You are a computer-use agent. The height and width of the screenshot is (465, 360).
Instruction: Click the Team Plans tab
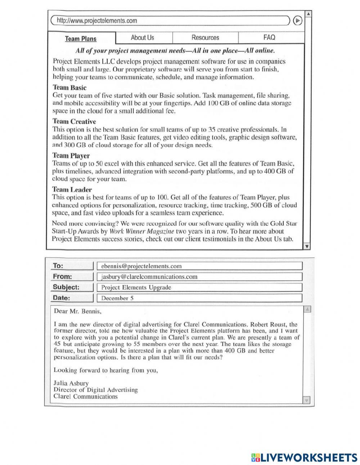point(81,39)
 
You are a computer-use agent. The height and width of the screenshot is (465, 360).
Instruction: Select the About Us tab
point(142,37)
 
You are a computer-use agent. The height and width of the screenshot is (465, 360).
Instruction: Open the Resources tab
point(205,37)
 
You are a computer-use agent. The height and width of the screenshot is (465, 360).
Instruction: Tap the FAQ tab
point(269,37)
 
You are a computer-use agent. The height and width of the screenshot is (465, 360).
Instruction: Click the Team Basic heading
point(69,88)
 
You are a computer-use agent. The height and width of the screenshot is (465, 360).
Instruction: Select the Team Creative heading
point(74,121)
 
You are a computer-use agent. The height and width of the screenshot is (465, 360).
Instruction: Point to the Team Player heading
point(71,156)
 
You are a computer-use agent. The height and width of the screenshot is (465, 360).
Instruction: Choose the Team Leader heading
point(72,189)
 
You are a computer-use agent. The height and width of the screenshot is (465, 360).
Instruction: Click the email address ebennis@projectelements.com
point(141,266)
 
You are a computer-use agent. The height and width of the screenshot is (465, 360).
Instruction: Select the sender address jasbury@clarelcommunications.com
point(149,277)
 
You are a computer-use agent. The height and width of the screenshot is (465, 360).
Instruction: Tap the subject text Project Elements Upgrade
point(136,287)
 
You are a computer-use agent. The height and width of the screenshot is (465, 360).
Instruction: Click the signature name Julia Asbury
point(71,383)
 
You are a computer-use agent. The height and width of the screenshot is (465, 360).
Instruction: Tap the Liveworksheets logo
point(304,457)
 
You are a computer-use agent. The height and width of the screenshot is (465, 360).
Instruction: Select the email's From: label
point(62,277)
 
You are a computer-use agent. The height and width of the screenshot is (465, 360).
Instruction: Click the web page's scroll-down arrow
point(307,247)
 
